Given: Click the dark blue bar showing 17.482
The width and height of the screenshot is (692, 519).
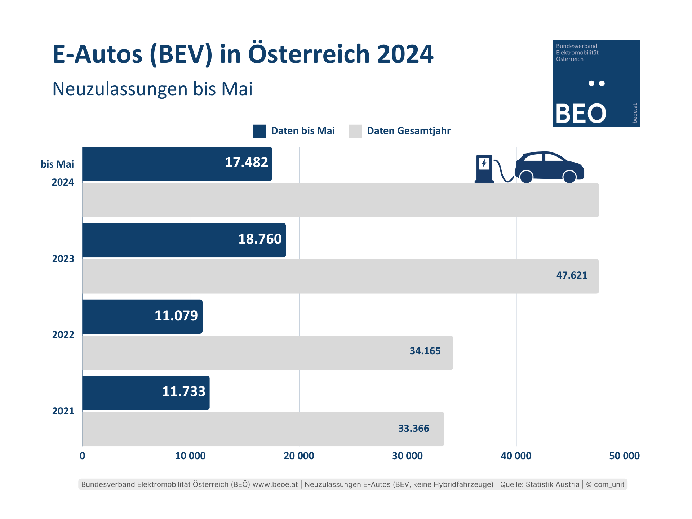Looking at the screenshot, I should tap(177, 164).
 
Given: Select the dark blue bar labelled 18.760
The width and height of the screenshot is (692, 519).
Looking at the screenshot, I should tap(184, 240).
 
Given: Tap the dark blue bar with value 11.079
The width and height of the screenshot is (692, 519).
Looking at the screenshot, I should tap(142, 316).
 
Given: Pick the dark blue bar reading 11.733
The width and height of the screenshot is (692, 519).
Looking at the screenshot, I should tap(146, 393).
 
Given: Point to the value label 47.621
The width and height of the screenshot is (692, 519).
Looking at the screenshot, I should tap(572, 275).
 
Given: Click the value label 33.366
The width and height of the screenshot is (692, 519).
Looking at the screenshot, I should tap(413, 429).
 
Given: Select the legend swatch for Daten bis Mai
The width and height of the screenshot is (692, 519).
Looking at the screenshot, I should tap(259, 131).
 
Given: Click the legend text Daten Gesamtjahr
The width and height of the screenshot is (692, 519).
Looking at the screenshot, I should tap(409, 131).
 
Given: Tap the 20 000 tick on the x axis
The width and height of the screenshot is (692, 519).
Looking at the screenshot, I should tap(299, 456).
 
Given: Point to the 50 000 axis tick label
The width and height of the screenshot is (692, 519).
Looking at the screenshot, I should tap(624, 456).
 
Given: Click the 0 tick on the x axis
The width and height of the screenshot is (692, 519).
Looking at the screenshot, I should tap(83, 456).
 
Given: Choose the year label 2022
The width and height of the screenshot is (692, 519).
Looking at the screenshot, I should tap(63, 335).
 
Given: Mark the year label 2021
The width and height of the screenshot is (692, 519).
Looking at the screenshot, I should tap(63, 411).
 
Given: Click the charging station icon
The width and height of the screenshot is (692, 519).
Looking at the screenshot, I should tap(484, 169).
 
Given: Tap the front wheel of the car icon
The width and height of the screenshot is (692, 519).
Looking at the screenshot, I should tap(569, 177).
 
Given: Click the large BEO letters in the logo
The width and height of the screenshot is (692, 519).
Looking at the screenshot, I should tap(581, 114).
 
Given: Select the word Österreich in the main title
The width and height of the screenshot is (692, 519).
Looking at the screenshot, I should tap(309, 54).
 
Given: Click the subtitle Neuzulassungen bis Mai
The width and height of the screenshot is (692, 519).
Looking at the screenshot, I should tap(152, 89).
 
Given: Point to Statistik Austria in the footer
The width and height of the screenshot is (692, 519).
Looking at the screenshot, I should tap(553, 484).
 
